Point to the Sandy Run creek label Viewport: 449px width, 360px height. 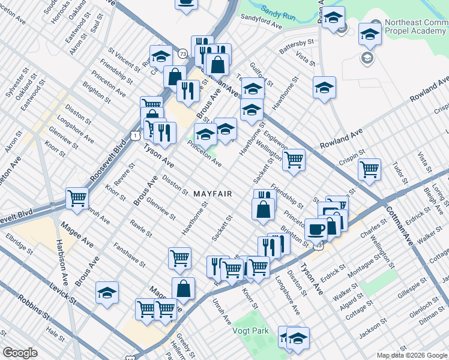[x=278, y=11]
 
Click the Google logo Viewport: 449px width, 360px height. [x=20, y=353]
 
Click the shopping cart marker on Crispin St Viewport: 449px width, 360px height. [x=369, y=169]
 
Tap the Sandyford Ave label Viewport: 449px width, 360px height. [x=261, y=22]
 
